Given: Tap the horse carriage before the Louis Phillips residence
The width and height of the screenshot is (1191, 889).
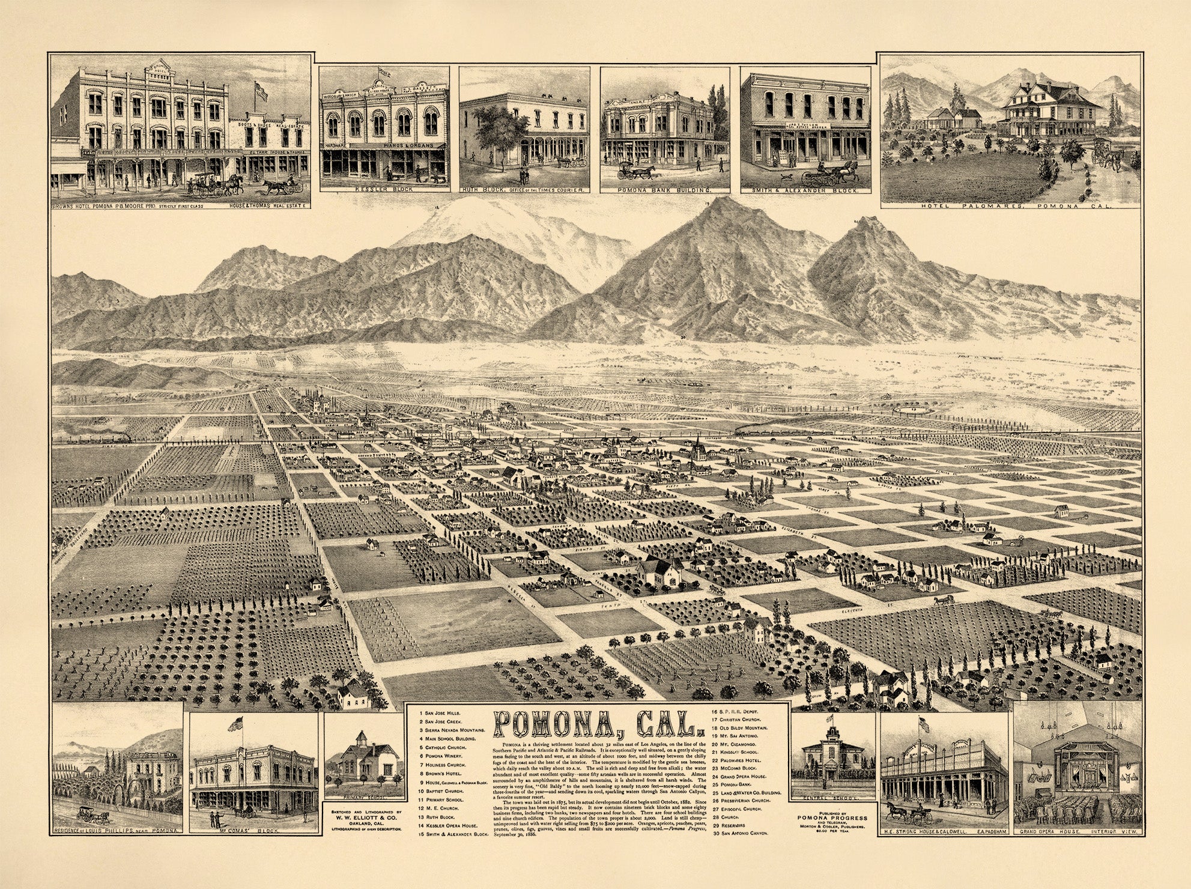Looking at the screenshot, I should (91, 817).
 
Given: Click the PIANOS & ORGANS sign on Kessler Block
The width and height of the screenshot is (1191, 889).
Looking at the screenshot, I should (397, 145).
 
